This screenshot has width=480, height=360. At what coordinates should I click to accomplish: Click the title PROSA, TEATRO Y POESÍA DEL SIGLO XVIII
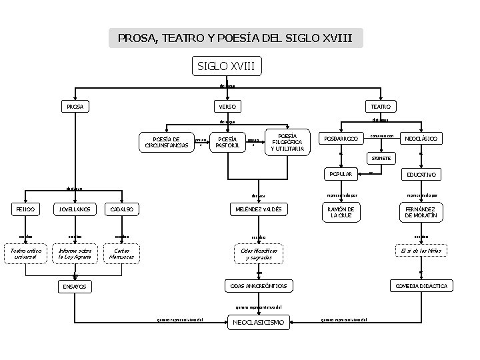[236, 38]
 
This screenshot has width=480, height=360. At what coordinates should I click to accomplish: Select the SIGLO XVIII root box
[227, 66]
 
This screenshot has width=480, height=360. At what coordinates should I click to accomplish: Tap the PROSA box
[74, 106]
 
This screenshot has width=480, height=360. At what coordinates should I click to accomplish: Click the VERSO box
[227, 107]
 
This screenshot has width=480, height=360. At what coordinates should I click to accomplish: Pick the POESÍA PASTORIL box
[223, 142]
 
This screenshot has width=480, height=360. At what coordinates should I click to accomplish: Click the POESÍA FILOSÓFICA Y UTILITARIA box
[287, 142]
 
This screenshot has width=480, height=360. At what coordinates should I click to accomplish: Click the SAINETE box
[381, 158]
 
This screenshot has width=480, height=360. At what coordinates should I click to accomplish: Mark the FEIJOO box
[26, 209]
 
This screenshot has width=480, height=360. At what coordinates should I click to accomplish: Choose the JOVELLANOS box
[75, 209]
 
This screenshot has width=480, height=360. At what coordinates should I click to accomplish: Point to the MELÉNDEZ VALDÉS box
[257, 209]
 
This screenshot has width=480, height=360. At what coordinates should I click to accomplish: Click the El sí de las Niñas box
[421, 250]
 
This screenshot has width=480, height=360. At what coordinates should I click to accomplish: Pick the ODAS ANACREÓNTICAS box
[257, 286]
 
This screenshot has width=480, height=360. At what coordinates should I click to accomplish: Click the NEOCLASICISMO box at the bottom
[257, 323]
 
